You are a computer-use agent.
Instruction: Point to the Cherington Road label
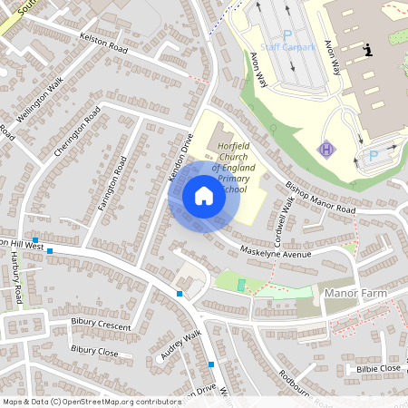76,132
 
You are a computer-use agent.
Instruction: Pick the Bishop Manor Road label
320,197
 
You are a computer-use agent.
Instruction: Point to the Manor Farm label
355,294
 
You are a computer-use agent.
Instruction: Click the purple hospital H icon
325,148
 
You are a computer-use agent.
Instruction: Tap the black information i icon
368,51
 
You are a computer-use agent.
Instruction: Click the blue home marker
204,196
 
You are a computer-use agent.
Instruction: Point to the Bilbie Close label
378,368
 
